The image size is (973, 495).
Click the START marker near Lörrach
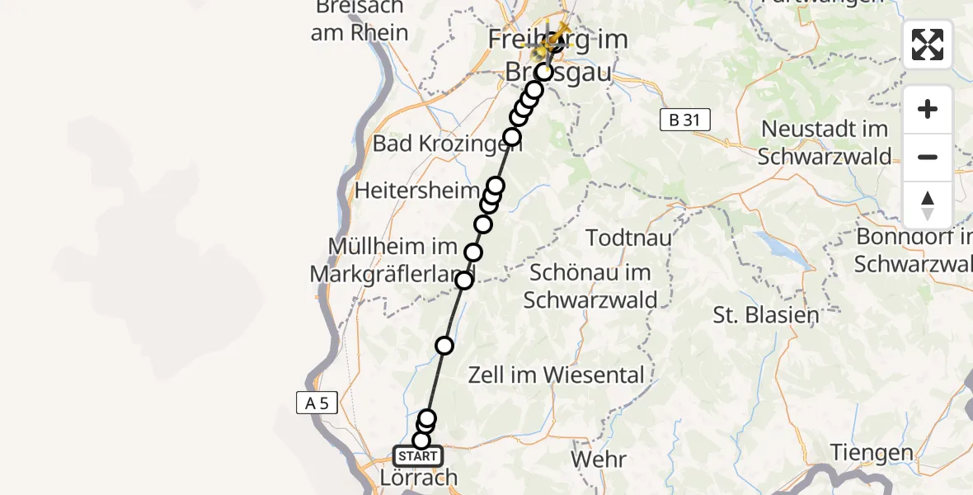click(418, 456)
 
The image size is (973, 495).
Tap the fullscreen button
click(928, 45)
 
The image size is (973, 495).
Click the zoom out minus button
click(928, 157)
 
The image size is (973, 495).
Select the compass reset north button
click(928, 205)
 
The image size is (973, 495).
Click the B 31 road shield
click(684, 120)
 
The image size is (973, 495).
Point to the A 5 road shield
click(317, 403)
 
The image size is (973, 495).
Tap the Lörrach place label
click(419, 478)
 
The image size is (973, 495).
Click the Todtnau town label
click(628, 238)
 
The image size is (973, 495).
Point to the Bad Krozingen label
click(436, 144)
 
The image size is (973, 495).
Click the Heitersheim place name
click(416, 191)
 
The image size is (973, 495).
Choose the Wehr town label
click(599, 459)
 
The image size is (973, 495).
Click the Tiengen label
click(872, 453)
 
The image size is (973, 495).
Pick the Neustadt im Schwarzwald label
click(825, 143)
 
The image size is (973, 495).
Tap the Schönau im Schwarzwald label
click(590, 285)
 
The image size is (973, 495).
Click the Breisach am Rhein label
click(360, 20)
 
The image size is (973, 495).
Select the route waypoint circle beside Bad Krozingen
click(512, 137)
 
